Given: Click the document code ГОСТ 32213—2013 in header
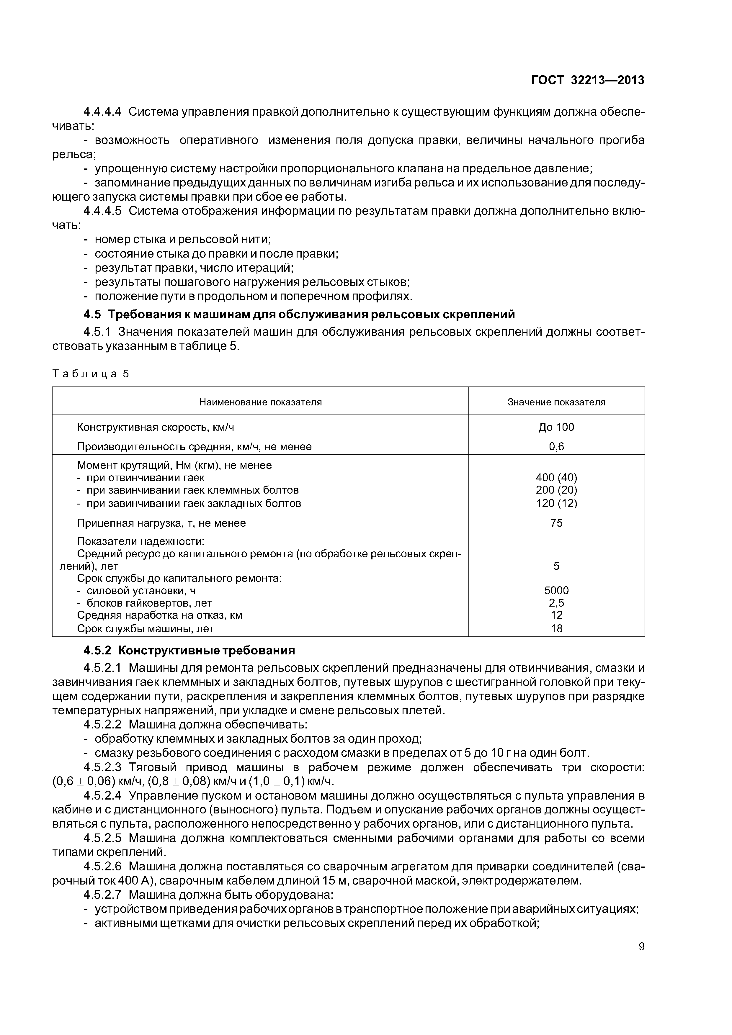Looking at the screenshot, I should tap(588, 80).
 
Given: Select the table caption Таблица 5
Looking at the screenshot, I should tap(91, 374).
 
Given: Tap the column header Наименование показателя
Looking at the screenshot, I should tap(260, 402).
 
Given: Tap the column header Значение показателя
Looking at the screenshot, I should tap(556, 402).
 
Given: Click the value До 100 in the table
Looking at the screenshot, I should tap(556, 427).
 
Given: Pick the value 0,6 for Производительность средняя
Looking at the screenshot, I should tap(556, 447).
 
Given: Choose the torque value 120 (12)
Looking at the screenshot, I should tap(556, 503).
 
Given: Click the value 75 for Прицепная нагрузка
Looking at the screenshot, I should tap(556, 523).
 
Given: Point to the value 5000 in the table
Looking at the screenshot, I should tap(556, 591).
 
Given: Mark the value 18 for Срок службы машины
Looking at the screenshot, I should tap(556, 628).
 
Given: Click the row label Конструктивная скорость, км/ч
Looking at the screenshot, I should tap(156, 427).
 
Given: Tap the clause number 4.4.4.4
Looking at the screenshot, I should tap(102, 112).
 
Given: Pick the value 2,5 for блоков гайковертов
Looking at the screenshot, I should tap(556, 603).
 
